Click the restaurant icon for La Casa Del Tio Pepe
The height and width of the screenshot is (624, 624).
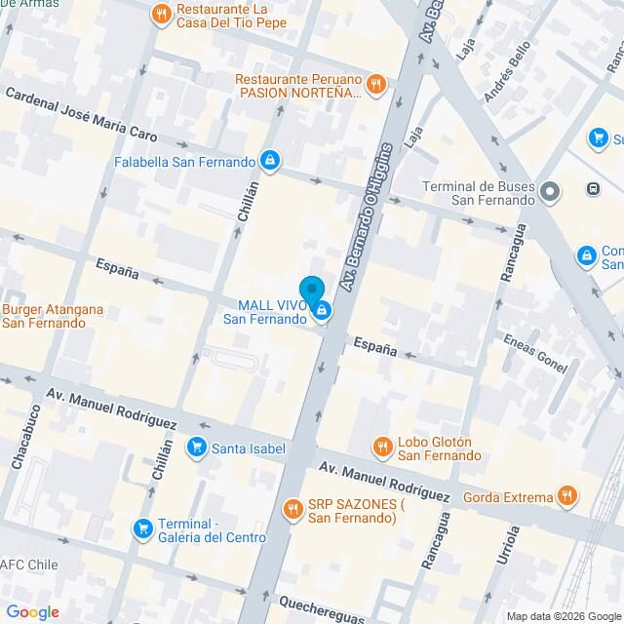point(161,14)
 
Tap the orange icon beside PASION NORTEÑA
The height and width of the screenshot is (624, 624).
point(376,85)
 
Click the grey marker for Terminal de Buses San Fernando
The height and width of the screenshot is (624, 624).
point(550,191)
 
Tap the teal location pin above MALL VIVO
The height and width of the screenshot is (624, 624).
point(311,292)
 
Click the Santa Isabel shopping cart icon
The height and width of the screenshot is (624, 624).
point(198,448)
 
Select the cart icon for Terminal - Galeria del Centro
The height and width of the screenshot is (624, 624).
point(143,528)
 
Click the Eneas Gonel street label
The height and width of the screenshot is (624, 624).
point(533,352)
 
